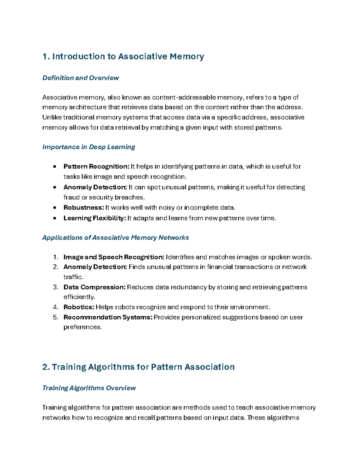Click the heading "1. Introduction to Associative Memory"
(x=123, y=56)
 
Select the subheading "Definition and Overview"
(x=80, y=78)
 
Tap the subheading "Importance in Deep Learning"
(x=88, y=147)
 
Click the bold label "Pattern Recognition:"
(x=96, y=167)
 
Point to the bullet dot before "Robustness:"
(x=55, y=208)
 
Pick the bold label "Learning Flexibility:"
(x=94, y=218)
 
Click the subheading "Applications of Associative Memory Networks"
(x=115, y=238)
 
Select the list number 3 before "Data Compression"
(x=55, y=287)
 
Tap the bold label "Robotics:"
(x=79, y=307)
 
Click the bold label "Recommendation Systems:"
(x=108, y=317)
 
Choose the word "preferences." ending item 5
(x=82, y=327)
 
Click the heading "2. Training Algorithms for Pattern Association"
(x=138, y=367)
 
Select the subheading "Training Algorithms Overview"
(x=89, y=388)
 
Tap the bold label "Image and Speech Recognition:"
(x=114, y=257)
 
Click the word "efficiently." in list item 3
(x=79, y=297)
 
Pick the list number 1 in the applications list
(x=55, y=257)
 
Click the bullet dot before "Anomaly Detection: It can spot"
(x=55, y=187)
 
